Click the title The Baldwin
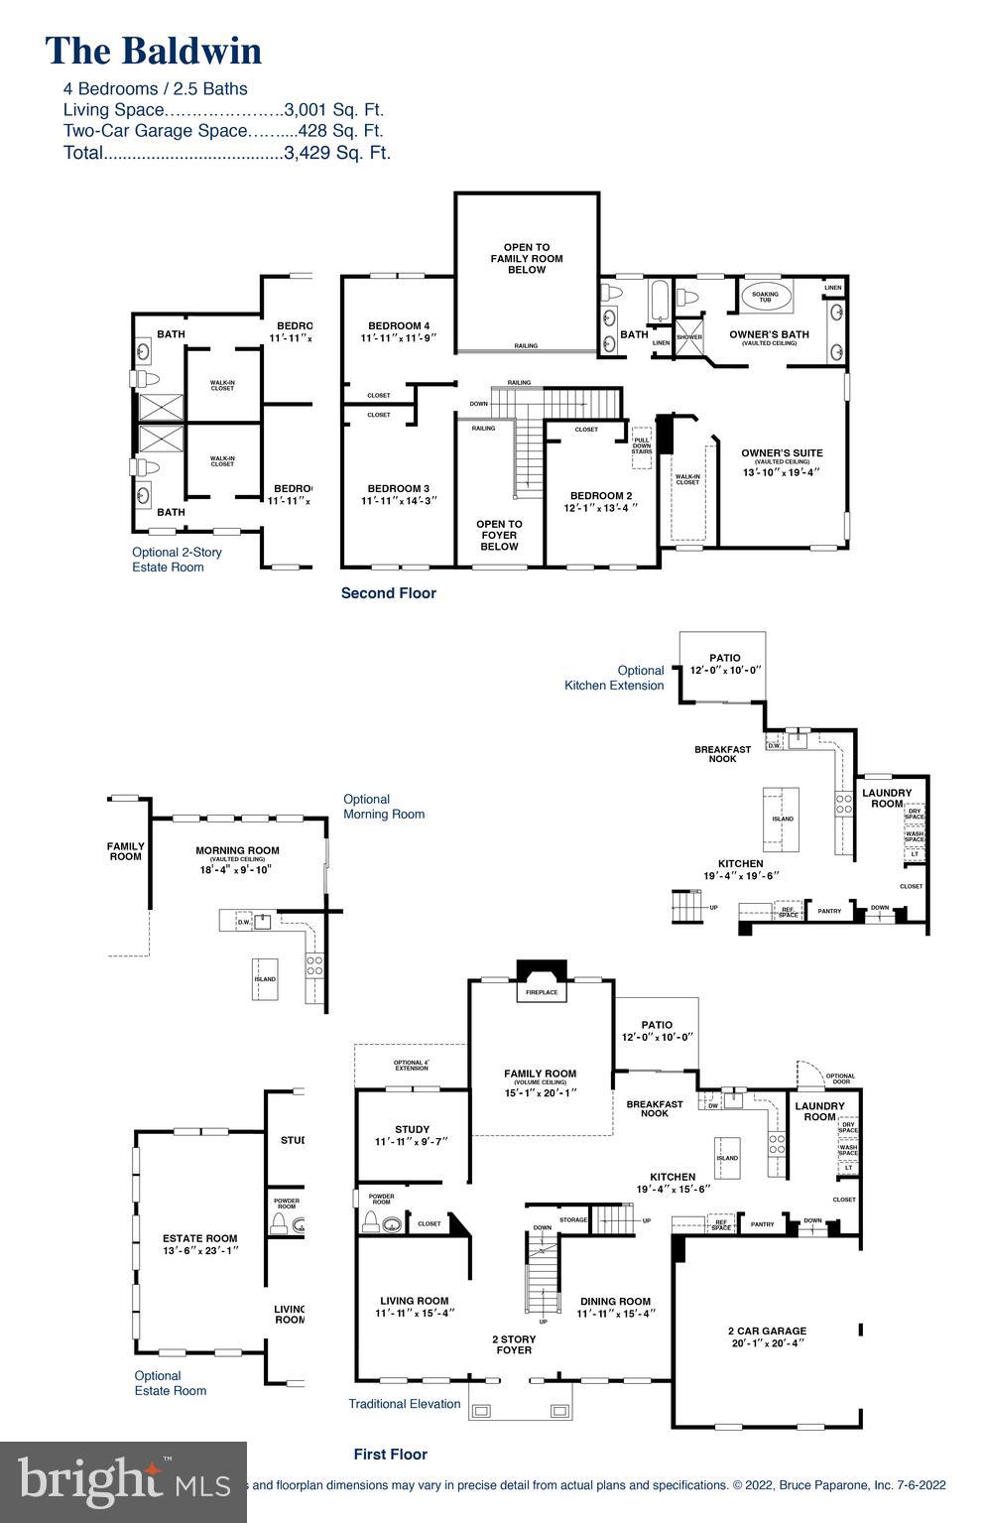coord(154,51)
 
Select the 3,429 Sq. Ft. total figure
coord(337,153)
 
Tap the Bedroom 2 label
coord(601,496)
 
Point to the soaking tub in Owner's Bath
coord(765,296)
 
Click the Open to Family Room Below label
coord(527,258)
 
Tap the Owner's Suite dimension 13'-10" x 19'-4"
coord(782,472)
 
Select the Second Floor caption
coord(388,593)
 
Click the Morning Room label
coord(237,850)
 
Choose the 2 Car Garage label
coord(767,1331)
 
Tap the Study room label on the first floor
coord(412,1129)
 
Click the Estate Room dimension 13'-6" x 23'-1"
coord(199,1250)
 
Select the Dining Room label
coord(615,1301)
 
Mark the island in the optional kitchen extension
coord(781,819)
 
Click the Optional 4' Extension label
coord(411,1065)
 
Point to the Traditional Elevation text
coord(405,1404)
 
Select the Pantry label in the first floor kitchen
coord(762,1224)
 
